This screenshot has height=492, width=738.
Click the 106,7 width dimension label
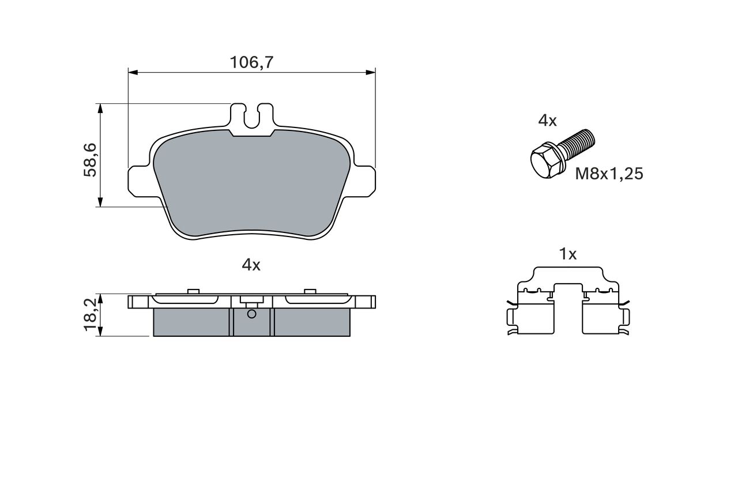pyautogui.click(x=251, y=63)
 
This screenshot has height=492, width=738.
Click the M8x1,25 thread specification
pyautogui.click(x=609, y=174)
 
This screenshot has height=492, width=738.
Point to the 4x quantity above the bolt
pyautogui.click(x=547, y=121)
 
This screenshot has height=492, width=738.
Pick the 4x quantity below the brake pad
pyautogui.click(x=251, y=265)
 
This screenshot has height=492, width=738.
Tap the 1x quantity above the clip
pyautogui.click(x=568, y=254)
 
